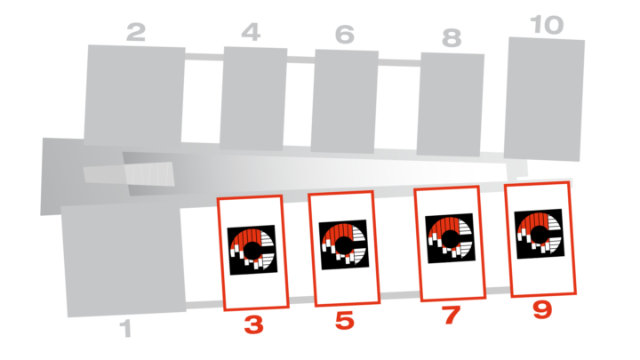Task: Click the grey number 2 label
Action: (x=136, y=32)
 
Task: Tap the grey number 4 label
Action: (x=251, y=32)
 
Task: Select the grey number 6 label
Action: (x=345, y=35)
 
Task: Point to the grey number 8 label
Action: (x=452, y=38)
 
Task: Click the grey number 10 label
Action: (x=547, y=25)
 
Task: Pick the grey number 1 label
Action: (x=126, y=329)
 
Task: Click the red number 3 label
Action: (x=253, y=325)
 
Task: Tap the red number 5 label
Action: (x=345, y=321)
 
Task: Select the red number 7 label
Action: (x=451, y=315)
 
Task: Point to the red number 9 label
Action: (x=542, y=310)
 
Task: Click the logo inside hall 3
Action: (x=252, y=250)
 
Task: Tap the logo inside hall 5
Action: (x=344, y=245)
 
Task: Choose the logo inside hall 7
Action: (x=450, y=238)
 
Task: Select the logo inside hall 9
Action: (x=540, y=234)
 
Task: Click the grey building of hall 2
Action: (x=134, y=95)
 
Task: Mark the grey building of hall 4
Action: (x=253, y=99)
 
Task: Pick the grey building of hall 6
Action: (x=345, y=101)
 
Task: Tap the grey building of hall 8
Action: (x=450, y=105)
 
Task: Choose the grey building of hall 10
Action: (x=544, y=100)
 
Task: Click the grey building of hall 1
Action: (x=123, y=260)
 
